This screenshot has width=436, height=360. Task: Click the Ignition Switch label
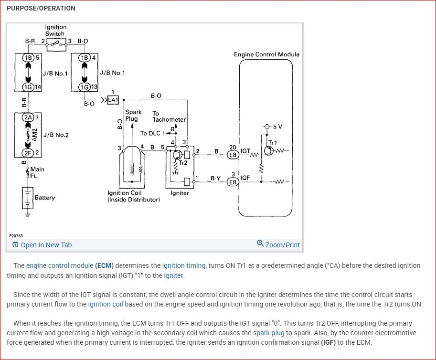[56, 31]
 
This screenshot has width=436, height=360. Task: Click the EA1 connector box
[113, 100]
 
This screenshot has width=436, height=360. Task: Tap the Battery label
[45, 198]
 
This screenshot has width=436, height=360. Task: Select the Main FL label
[37, 173]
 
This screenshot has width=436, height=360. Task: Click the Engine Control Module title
[266, 54]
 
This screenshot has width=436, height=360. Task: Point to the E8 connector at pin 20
[233, 155]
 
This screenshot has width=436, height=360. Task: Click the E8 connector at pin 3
[233, 182]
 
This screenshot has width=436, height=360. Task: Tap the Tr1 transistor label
[272, 143]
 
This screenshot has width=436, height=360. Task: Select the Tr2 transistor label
[182, 163]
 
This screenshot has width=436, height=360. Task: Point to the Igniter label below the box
[180, 193]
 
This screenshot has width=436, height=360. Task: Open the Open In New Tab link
[46, 245]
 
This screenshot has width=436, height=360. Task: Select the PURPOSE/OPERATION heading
[41, 8]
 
